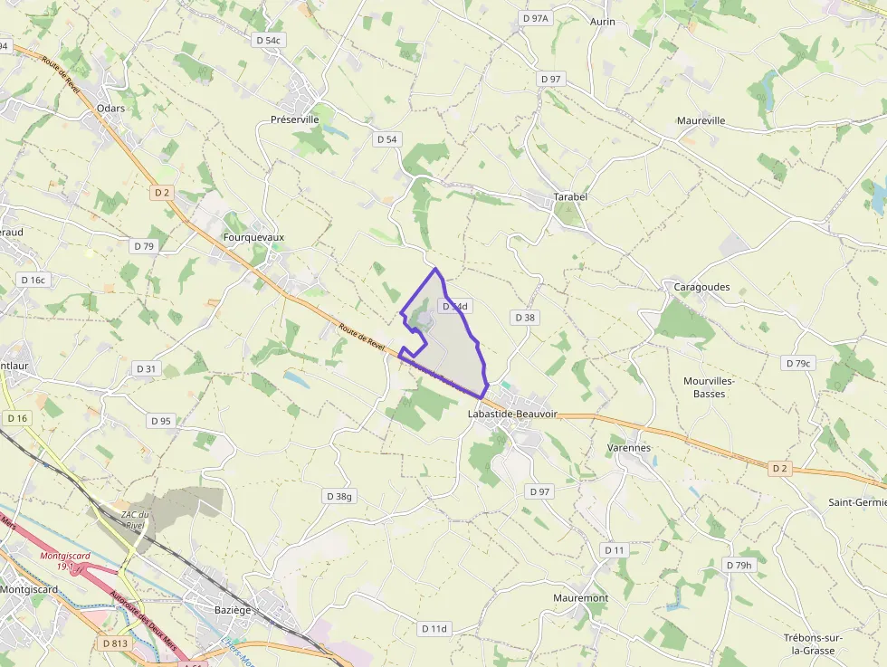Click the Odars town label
click(110, 108)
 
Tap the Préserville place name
click(295, 119)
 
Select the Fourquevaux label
click(253, 237)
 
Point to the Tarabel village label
click(570, 196)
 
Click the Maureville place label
click(701, 120)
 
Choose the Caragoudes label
click(701, 287)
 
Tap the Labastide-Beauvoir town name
click(513, 414)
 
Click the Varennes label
click(629, 447)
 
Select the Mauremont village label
click(580, 598)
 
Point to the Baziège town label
click(233, 610)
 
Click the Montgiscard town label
click(29, 589)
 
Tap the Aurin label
click(602, 21)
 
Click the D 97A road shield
click(536, 18)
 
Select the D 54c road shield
click(270, 40)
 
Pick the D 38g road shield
click(339, 496)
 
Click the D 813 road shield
click(115, 643)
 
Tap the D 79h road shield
click(739, 565)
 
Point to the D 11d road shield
click(434, 628)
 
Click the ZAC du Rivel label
click(135, 519)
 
